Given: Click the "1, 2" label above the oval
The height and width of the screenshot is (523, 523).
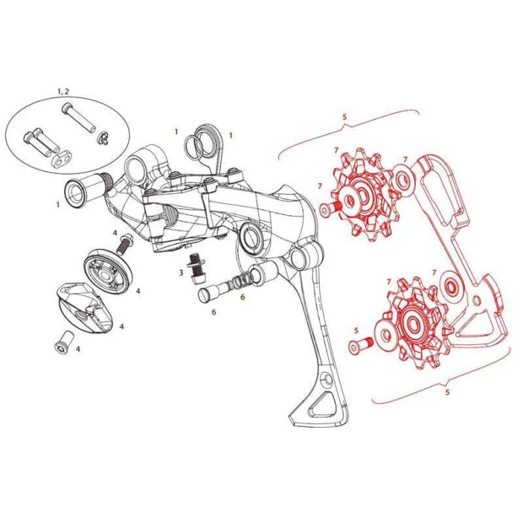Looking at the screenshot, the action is click(63, 91).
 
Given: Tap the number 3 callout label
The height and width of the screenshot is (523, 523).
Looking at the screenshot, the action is click(181, 272).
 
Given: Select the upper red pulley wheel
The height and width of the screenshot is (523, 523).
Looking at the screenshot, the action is click(364, 195).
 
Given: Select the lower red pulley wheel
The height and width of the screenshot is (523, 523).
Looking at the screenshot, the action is click(414, 322).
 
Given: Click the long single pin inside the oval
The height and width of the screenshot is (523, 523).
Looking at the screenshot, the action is click(78, 118).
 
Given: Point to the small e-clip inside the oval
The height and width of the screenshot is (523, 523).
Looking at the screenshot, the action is click(101, 138).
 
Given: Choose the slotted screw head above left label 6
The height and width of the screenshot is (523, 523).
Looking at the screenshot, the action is click(204, 295).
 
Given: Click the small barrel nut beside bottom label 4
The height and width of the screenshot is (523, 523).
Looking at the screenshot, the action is click(63, 342).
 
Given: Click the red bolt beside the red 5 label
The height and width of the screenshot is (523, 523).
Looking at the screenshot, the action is click(361, 344).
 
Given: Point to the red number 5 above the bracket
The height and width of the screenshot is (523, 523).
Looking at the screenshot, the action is click(344, 116).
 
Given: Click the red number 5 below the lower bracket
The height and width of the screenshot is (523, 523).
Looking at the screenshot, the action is click(447, 392).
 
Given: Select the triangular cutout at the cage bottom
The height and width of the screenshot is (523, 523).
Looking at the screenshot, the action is click(321, 405).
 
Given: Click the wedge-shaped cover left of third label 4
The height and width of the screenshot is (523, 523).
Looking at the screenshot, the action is click(86, 309).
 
